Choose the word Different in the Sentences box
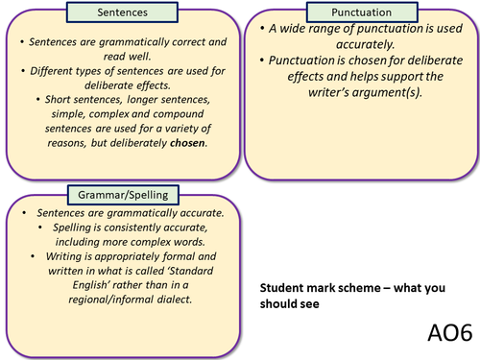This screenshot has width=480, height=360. (x=58, y=70)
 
